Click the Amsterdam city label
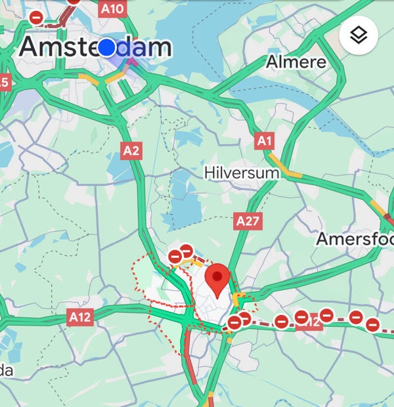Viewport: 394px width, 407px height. tap(95, 47)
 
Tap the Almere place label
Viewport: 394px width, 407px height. tap(296, 62)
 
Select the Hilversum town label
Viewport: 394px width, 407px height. tap(242, 173)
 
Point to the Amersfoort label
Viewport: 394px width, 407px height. tap(355, 238)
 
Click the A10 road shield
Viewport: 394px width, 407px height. tap(113, 9)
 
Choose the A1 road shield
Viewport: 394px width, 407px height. tap(264, 140)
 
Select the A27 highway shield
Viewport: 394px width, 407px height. tap(248, 221)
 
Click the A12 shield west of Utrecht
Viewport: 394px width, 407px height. tap(80, 317)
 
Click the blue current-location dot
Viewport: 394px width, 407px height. tap(106, 47)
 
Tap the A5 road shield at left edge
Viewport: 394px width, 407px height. tap(5, 82)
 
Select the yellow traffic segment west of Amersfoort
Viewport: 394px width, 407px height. tap(378, 208)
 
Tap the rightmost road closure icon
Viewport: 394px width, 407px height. tap(372, 324)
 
